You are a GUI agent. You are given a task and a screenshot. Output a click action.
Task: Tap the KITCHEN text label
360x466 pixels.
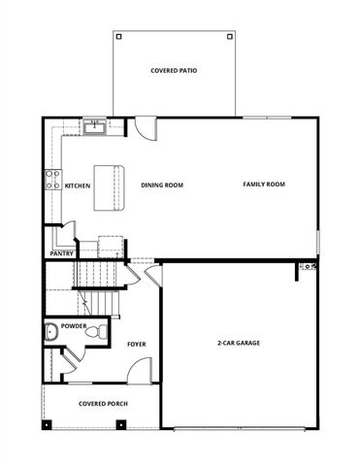[78, 185]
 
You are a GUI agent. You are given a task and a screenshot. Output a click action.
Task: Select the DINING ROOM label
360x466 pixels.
[162, 185]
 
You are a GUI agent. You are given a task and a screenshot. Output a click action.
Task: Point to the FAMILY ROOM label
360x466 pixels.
[263, 184]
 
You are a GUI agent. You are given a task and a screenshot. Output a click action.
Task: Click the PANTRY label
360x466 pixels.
[62, 254]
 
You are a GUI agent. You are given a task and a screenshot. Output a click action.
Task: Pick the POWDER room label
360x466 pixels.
[74, 326]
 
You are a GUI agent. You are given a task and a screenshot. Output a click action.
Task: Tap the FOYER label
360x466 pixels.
[137, 344]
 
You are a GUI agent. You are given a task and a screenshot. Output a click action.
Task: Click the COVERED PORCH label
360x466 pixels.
[103, 404]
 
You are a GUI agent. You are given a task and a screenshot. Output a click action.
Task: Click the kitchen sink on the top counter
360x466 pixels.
[95, 127]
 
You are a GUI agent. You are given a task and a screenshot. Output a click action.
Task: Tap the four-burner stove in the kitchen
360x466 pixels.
[51, 179]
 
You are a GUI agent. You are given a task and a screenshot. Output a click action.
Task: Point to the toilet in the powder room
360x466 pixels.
[93, 333]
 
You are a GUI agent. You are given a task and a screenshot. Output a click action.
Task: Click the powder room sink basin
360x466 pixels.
[50, 333]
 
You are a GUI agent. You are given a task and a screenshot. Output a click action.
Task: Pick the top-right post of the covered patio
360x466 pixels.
[229, 37]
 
